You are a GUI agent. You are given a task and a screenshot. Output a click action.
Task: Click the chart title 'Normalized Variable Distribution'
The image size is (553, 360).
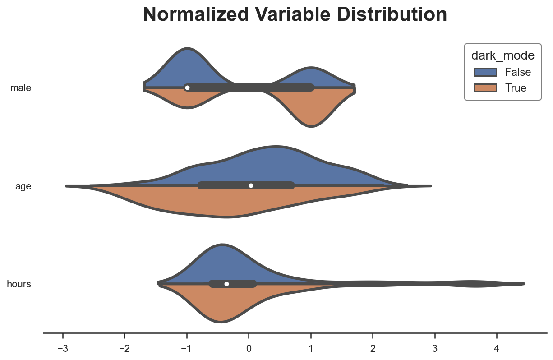pyautogui.click(x=295, y=15)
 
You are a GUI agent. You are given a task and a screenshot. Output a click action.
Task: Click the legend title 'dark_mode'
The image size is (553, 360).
pyautogui.click(x=502, y=55)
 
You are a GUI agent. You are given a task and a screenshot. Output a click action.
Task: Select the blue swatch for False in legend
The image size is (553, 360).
pyautogui.click(x=485, y=72)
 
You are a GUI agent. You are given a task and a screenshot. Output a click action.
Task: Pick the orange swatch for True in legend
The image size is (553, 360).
pyautogui.click(x=485, y=88)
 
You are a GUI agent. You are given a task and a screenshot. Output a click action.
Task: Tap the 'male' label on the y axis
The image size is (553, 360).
pyautogui.click(x=21, y=88)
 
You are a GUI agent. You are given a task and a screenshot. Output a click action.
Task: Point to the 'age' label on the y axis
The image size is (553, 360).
pyautogui.click(x=23, y=186)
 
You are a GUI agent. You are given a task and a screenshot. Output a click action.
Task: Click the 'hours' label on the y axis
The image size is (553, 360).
pyautogui.click(x=19, y=284)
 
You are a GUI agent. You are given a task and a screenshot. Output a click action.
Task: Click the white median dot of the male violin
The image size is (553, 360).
pyautogui.click(x=187, y=88)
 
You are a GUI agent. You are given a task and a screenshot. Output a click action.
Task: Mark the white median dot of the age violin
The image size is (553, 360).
pyautogui.click(x=251, y=185)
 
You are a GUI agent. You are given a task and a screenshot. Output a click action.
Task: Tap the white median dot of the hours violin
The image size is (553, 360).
pyautogui.click(x=226, y=284)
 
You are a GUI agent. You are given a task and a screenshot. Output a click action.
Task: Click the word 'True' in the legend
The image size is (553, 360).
pyautogui.click(x=516, y=88)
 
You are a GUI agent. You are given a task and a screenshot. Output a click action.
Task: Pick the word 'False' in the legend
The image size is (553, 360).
pyautogui.click(x=518, y=72)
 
